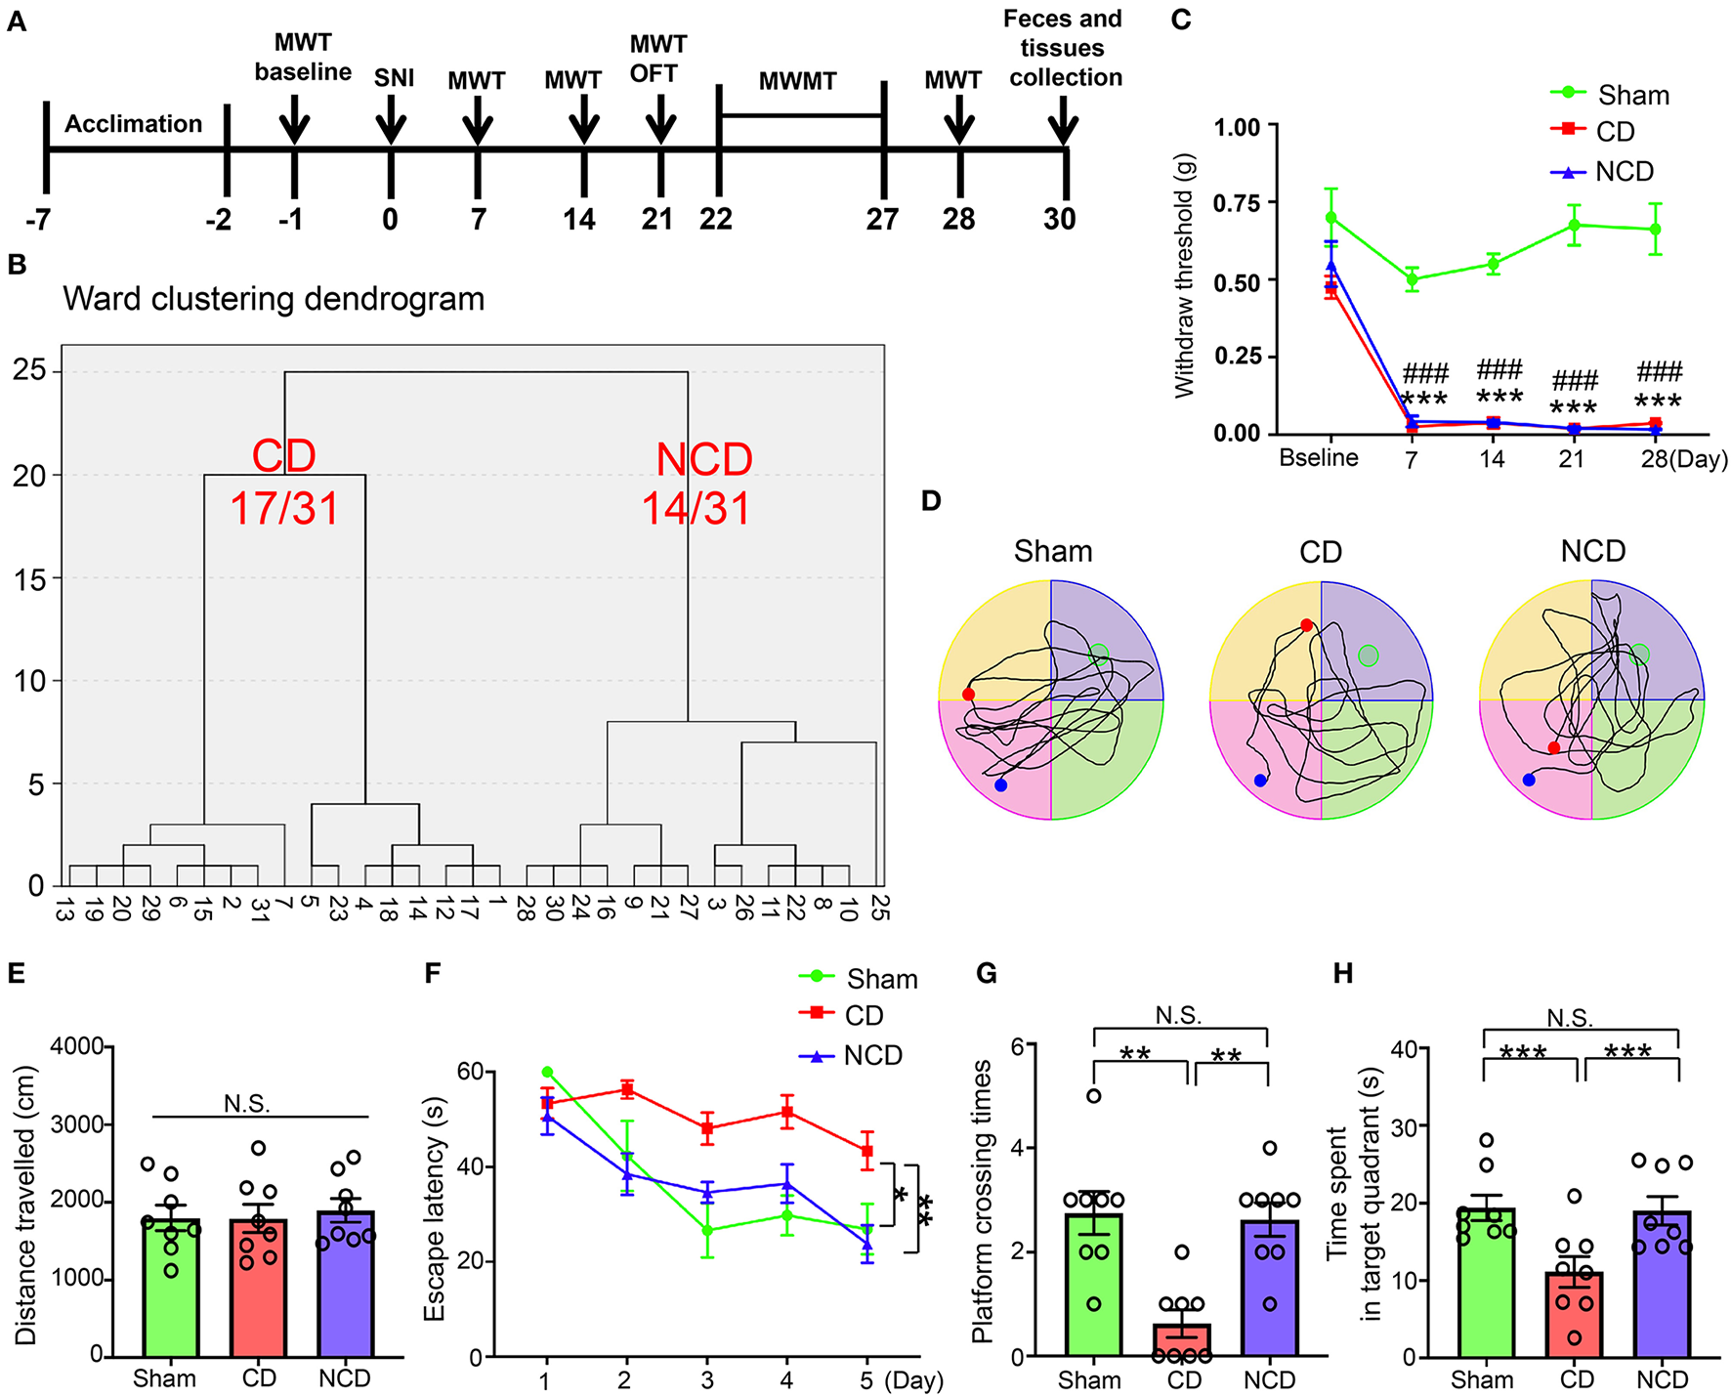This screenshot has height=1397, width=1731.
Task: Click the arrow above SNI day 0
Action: (391, 125)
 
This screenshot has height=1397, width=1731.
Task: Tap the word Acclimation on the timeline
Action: (134, 124)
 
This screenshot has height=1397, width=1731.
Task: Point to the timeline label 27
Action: (882, 219)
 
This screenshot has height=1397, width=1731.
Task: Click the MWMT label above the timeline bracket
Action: (797, 82)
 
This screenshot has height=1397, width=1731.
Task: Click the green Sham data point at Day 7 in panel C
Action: (1412, 279)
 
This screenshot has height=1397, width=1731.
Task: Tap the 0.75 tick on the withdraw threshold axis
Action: (1238, 203)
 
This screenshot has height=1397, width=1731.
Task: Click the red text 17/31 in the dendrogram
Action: (284, 509)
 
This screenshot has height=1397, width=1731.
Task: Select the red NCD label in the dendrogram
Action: (704, 459)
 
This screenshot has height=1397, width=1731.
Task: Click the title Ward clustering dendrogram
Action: (274, 299)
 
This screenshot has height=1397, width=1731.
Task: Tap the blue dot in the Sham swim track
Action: (1000, 785)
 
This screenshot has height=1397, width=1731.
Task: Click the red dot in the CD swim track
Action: (1307, 625)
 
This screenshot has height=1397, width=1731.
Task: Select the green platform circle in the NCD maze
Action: (1639, 655)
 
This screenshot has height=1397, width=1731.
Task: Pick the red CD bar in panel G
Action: (1181, 1340)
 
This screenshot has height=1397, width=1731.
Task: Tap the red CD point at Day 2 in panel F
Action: (626, 1089)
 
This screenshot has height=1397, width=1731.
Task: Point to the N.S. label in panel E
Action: (247, 1104)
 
